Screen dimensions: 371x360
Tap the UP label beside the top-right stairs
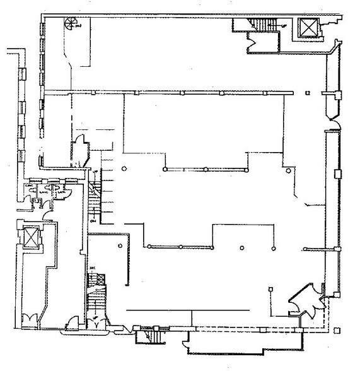284,26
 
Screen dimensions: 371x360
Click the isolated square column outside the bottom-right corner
339,328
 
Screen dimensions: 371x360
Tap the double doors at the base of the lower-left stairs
96,322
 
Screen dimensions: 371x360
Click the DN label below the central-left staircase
93,221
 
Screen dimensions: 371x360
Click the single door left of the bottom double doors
74,322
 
